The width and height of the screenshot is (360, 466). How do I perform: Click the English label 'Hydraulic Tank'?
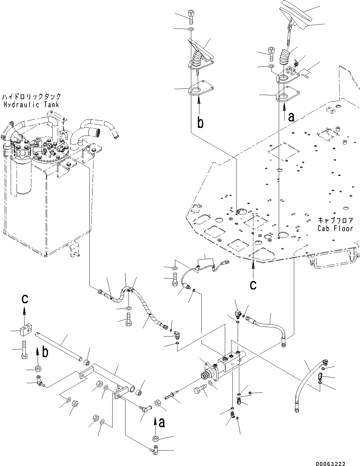31,104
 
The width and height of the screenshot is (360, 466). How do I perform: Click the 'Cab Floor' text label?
335,228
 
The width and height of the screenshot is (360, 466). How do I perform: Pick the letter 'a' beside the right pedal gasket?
291,117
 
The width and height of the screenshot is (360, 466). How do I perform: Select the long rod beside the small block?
60,347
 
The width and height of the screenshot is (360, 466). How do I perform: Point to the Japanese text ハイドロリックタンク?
31,97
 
